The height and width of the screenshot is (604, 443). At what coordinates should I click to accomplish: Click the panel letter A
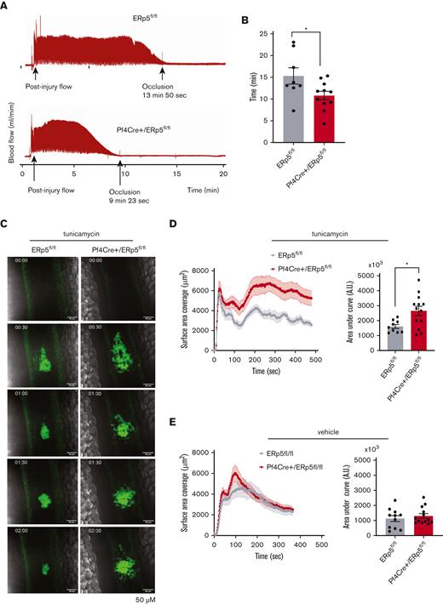point(4,5)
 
